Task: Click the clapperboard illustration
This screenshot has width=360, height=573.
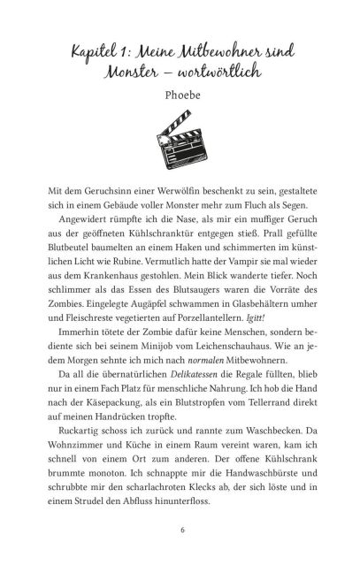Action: click(x=180, y=149)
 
